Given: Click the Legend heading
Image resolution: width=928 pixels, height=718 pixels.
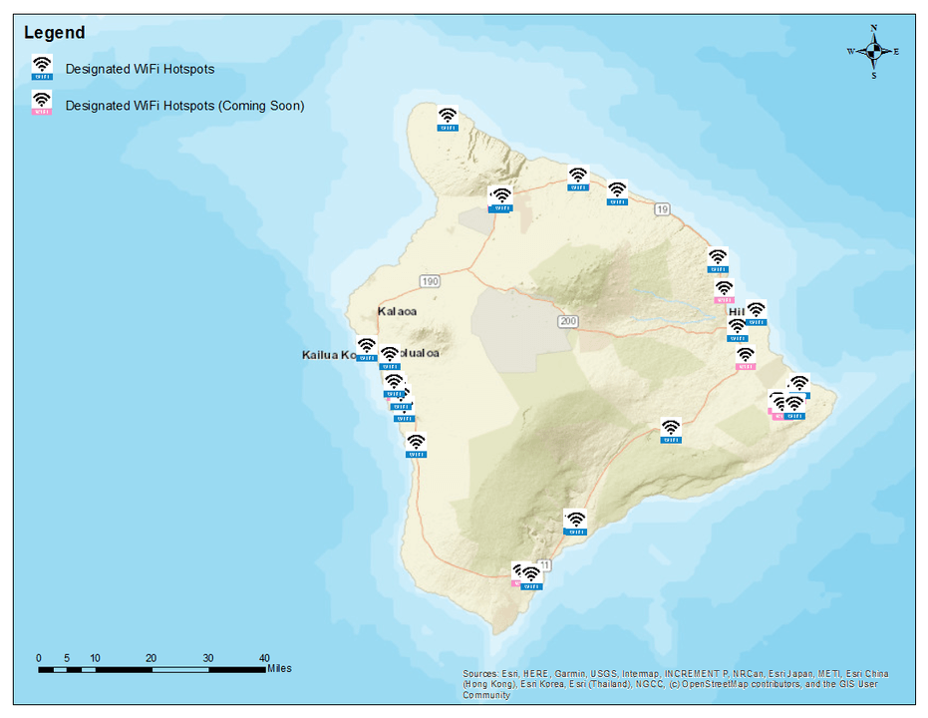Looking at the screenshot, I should [x=54, y=33].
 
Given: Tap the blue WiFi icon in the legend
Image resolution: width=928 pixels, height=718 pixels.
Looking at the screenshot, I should [x=42, y=67].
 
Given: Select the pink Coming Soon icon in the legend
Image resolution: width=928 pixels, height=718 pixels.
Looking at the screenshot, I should [x=42, y=103].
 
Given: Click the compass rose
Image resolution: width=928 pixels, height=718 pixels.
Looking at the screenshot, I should [x=873, y=51].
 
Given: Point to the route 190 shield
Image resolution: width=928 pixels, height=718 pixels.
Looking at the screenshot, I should [x=430, y=282].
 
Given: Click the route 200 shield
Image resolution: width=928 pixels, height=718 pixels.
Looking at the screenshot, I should [x=568, y=321].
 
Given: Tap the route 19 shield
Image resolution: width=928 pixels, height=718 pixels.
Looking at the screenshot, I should [x=662, y=209].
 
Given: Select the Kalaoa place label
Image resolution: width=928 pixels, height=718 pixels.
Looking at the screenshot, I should [x=397, y=311].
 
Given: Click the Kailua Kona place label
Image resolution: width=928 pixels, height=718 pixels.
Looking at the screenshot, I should [x=328, y=355].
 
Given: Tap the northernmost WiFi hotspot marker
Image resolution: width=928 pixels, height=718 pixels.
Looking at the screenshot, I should [x=448, y=119].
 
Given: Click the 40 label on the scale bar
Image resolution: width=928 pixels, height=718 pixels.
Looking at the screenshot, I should [x=264, y=658].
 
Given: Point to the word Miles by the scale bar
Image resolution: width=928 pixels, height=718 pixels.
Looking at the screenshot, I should [x=279, y=669].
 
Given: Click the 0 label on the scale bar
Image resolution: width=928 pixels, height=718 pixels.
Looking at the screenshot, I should [x=39, y=658].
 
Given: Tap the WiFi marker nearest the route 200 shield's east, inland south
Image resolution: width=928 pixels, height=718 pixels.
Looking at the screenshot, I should [x=672, y=430].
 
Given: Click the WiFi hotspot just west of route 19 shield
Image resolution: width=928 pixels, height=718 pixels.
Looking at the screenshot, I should [x=617, y=192].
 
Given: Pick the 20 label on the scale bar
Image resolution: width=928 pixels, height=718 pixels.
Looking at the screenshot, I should [x=152, y=658].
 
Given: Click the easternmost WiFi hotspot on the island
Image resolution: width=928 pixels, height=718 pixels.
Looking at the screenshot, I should [x=798, y=386].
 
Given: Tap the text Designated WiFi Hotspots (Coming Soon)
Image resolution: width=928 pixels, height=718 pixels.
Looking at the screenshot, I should [x=184, y=105].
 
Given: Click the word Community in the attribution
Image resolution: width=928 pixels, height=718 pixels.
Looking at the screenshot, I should [x=486, y=696].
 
